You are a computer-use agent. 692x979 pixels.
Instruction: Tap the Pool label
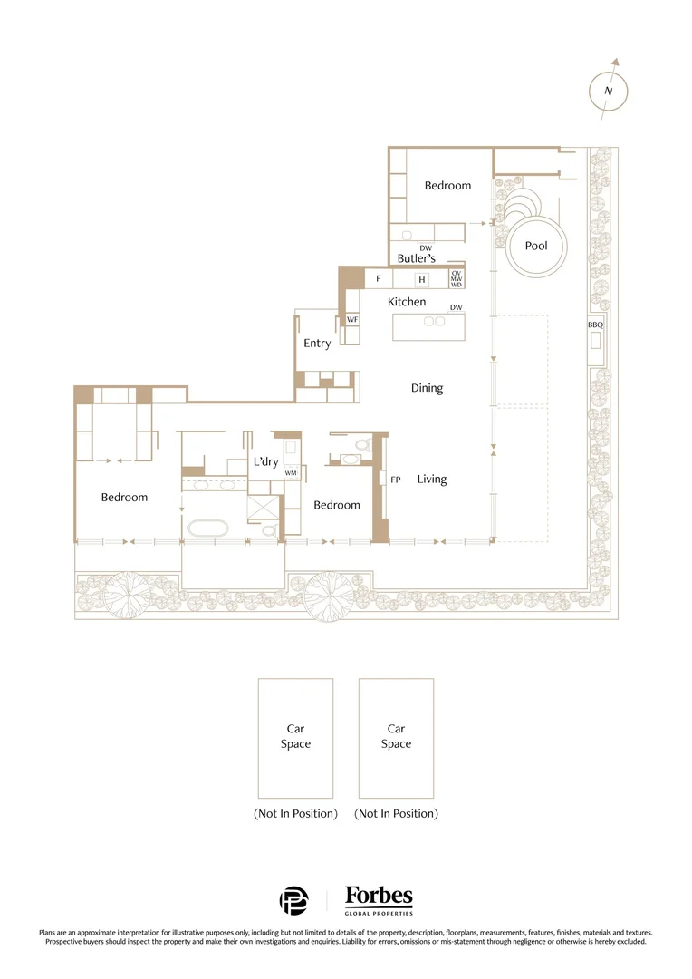tap(536, 246)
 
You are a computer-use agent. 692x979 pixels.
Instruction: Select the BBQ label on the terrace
tap(595, 325)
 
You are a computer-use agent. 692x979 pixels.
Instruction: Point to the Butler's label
tap(417, 258)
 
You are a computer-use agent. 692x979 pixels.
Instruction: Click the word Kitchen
tap(407, 302)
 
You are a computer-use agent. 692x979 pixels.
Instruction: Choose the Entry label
tap(317, 344)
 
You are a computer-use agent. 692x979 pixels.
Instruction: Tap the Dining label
tap(427, 388)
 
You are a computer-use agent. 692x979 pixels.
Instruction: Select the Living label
tap(432, 479)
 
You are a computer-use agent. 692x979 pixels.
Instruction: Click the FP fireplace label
tap(396, 480)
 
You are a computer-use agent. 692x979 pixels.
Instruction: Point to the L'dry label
tap(264, 462)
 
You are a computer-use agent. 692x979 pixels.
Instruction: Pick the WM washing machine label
tap(291, 473)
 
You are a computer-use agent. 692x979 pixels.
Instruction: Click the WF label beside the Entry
tap(352, 320)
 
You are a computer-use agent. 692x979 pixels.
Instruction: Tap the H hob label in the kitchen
tap(421, 280)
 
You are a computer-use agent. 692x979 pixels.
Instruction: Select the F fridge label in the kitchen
tap(378, 279)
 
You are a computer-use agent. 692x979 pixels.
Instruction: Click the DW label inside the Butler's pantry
tap(426, 247)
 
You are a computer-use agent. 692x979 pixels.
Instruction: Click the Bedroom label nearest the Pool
tap(447, 186)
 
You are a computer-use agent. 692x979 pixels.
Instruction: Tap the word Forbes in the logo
tap(379, 897)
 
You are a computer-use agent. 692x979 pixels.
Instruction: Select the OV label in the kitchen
tap(457, 273)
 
